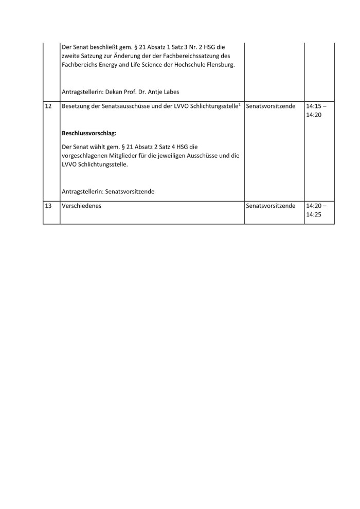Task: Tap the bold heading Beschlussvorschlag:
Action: click(x=89, y=133)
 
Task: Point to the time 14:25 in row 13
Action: click(x=313, y=215)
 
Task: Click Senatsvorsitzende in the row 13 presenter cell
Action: click(x=271, y=206)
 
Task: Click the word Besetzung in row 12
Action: click(x=77, y=105)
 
